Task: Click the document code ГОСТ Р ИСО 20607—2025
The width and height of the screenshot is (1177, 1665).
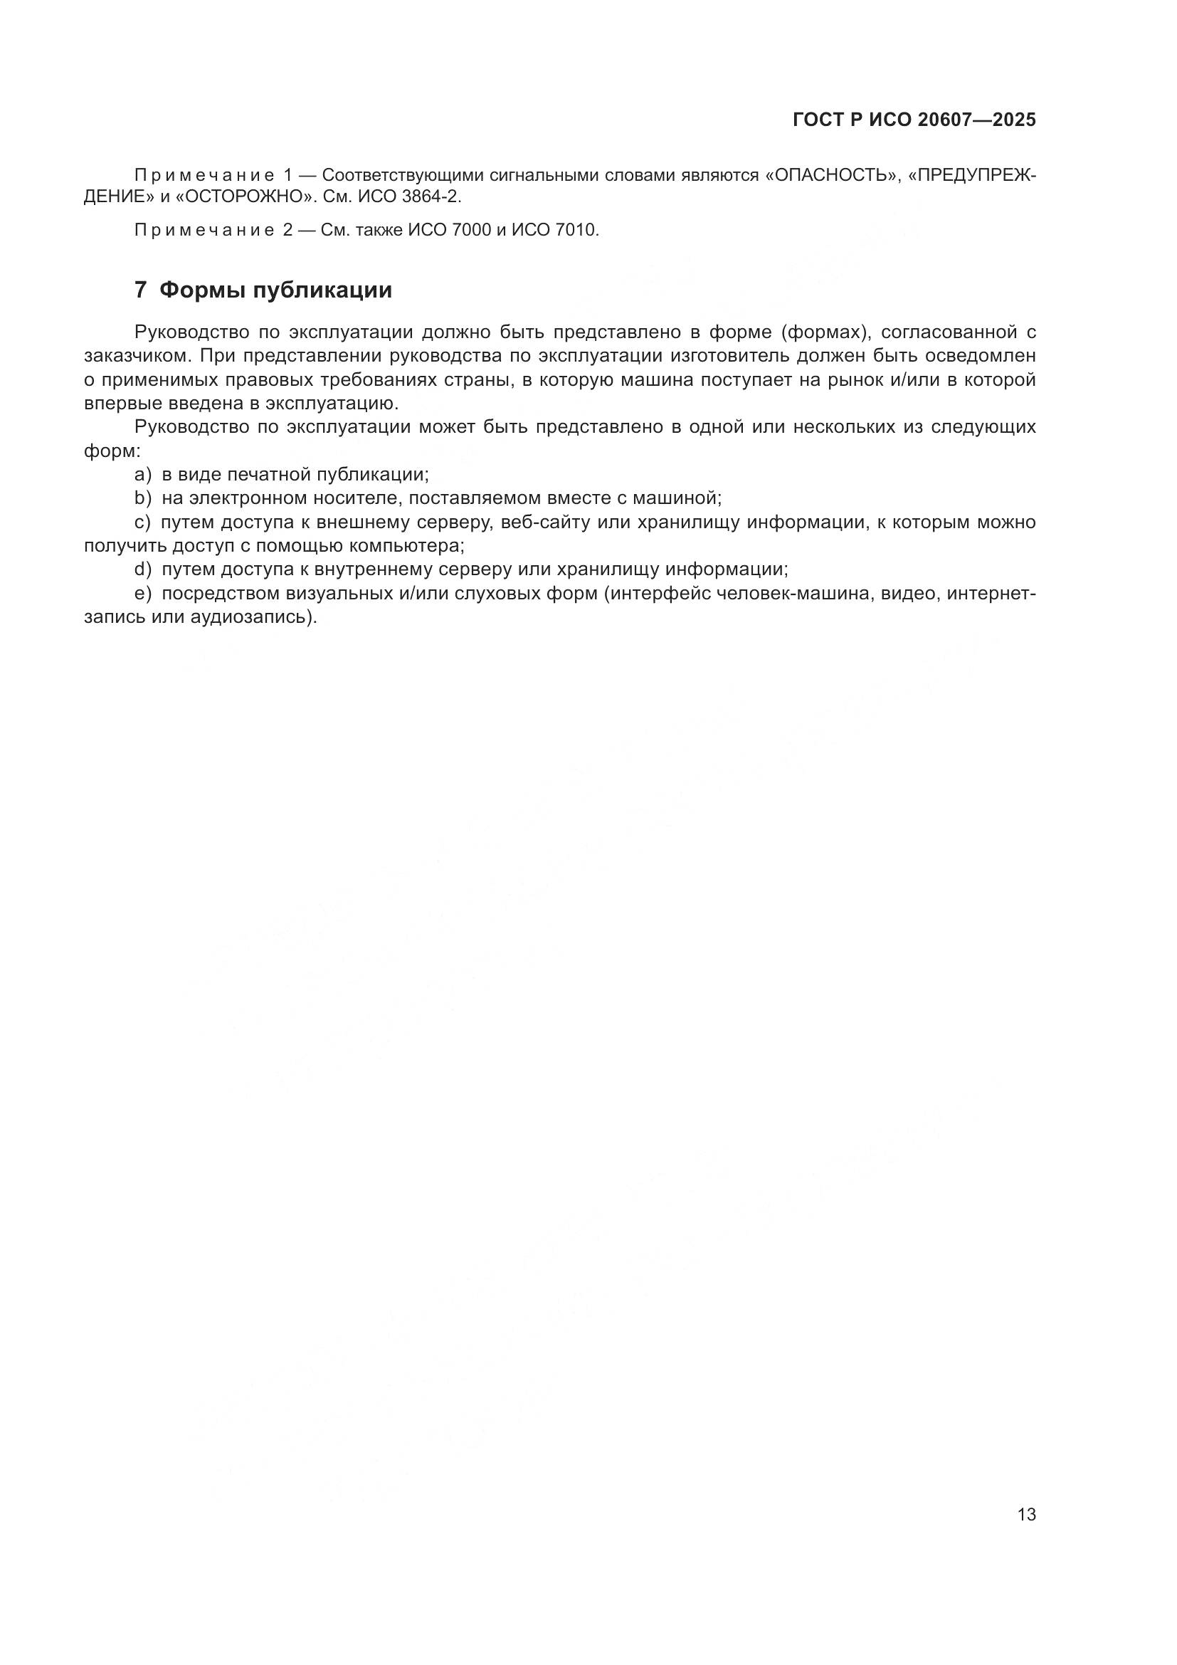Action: [x=914, y=120]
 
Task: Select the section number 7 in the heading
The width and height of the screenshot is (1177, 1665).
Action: [x=141, y=290]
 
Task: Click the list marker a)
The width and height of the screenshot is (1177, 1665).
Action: [x=143, y=475]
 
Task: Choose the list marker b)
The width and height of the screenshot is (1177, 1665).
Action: [x=143, y=498]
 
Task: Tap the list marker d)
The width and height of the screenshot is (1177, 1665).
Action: [x=143, y=569]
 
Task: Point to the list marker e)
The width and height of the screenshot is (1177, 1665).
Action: [x=143, y=594]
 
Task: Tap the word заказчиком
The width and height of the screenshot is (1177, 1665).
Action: [x=136, y=356]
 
